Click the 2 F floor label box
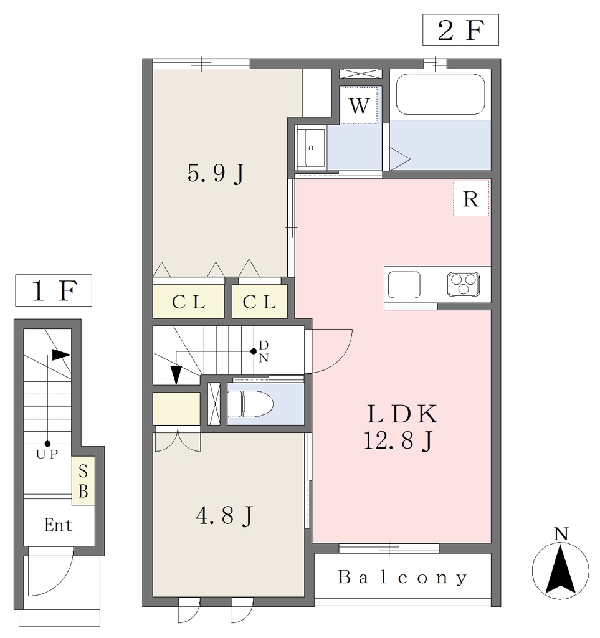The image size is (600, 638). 460,30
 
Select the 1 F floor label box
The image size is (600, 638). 54,290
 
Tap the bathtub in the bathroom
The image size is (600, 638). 440,94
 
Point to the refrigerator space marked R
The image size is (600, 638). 471,199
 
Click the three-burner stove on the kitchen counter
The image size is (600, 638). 464,283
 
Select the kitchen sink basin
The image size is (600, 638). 404,285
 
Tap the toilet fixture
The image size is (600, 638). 250,404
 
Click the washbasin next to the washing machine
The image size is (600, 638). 311,148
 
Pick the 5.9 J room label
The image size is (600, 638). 216,174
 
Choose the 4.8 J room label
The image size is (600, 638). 224,516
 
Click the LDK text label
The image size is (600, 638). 402,414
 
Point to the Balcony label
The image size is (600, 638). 402,578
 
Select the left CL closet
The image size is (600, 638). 188,302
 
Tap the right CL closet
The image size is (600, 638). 260,302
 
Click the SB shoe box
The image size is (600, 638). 83,481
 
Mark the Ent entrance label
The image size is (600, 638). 59,525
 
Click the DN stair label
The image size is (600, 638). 264,351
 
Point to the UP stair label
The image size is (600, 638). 47,454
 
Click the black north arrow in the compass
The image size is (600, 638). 561,569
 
